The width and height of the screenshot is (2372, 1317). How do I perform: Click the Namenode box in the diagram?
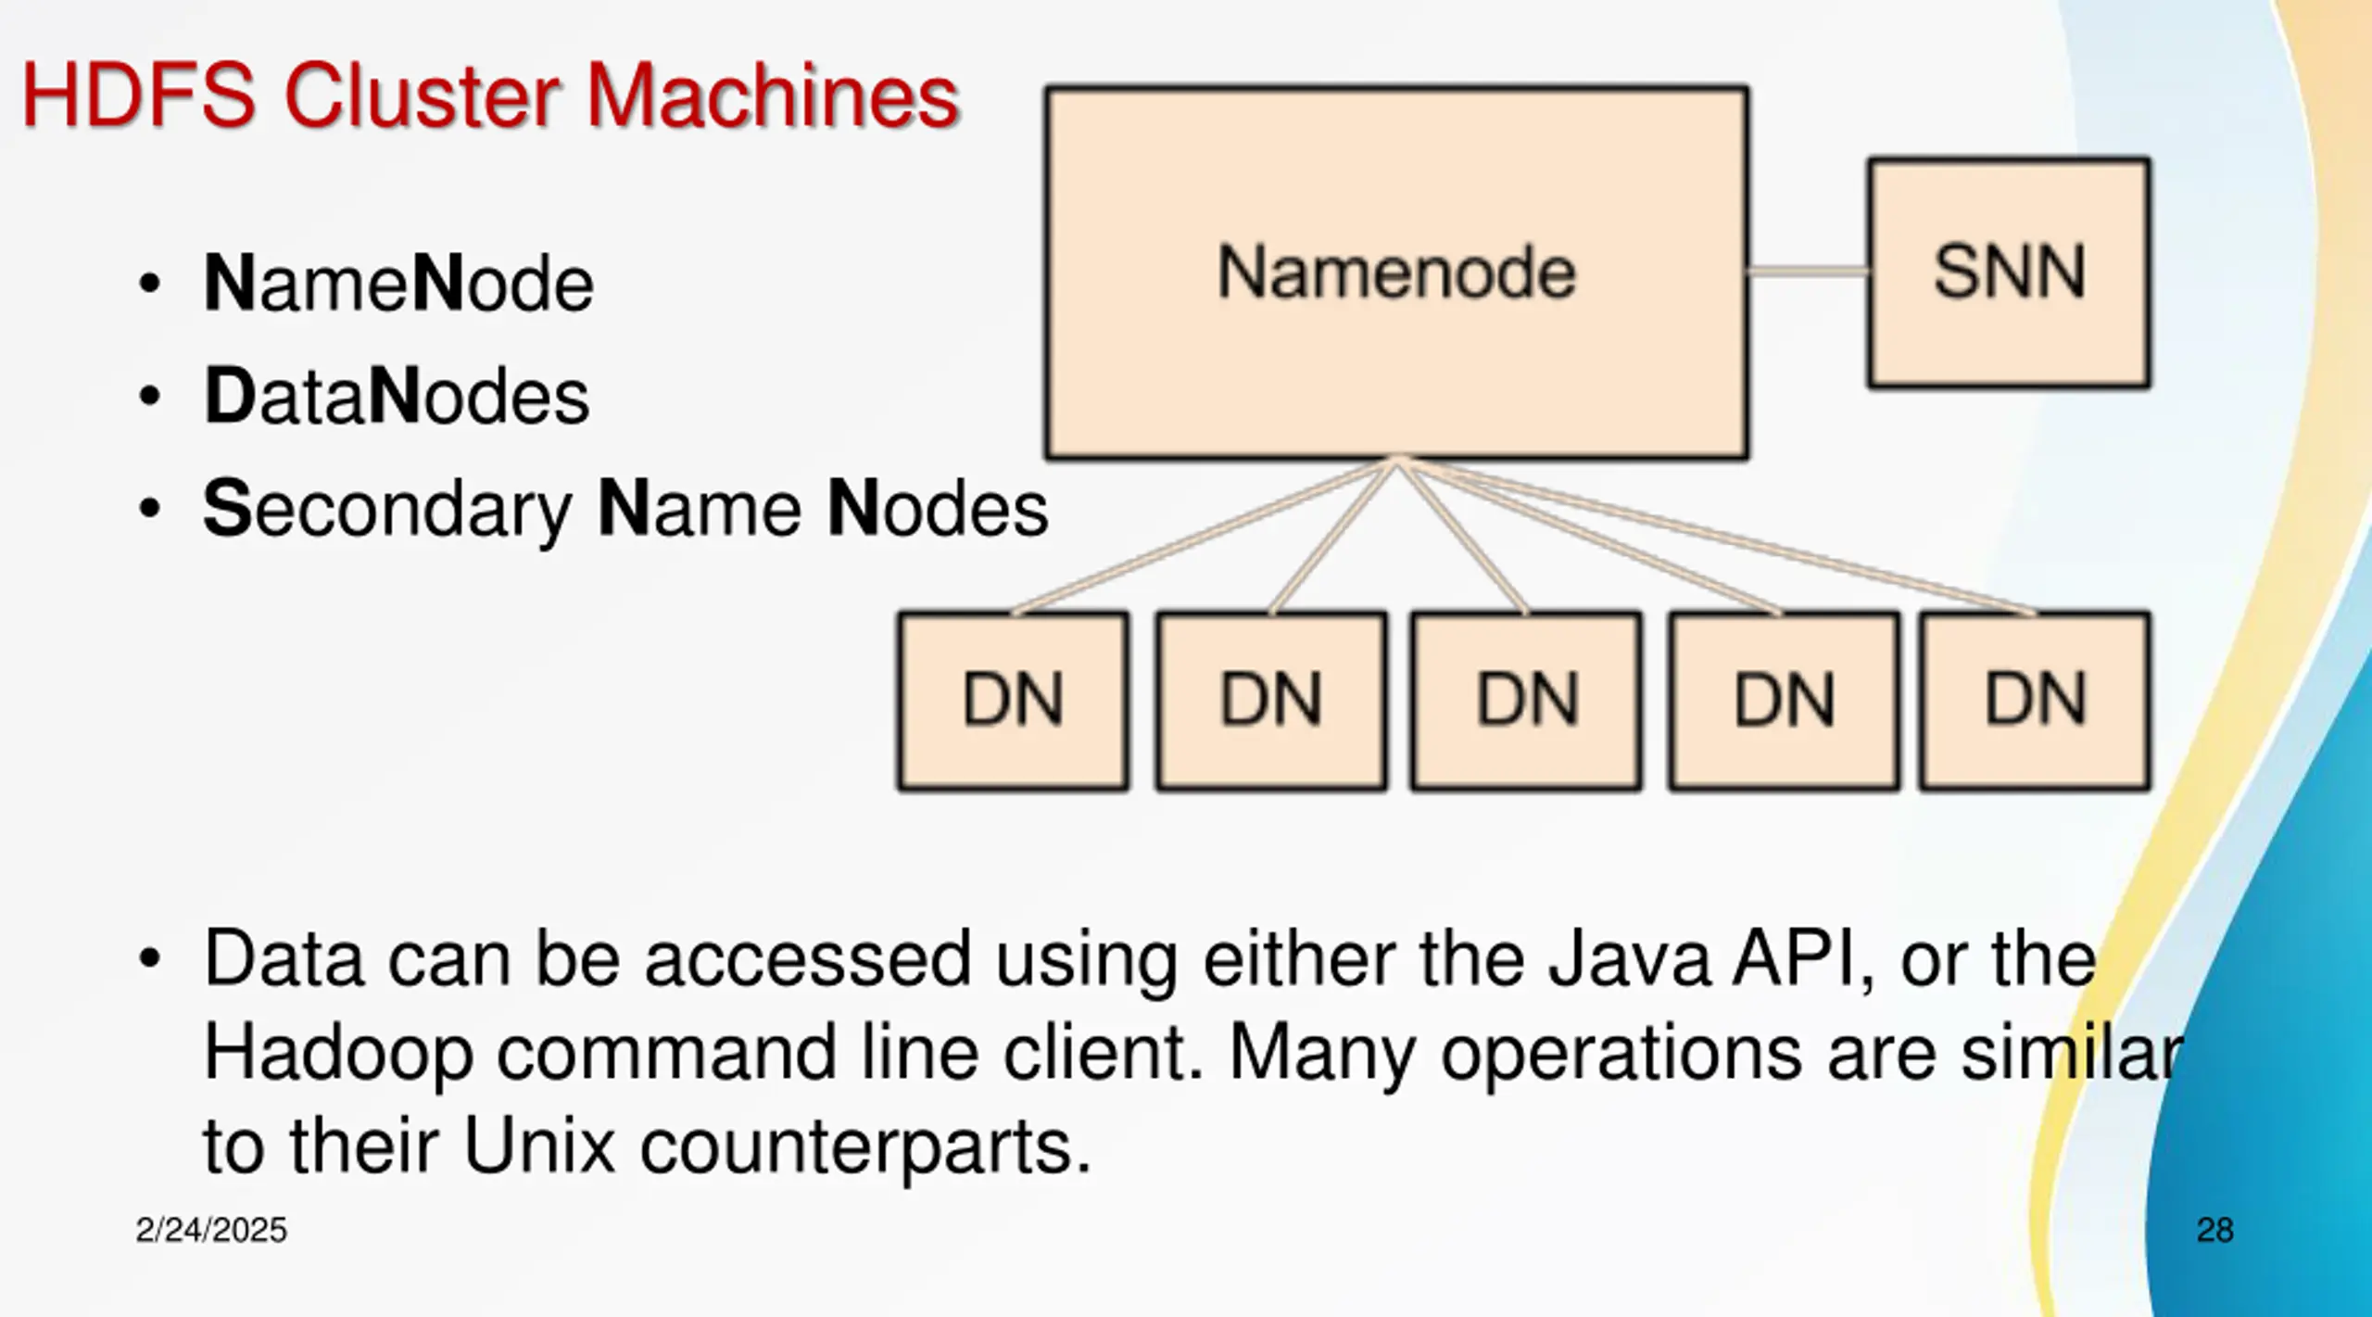1396,272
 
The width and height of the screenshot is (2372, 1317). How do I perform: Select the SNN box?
2009,272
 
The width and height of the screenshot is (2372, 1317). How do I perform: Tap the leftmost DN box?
1013,701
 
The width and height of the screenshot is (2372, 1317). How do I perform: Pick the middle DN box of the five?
1526,701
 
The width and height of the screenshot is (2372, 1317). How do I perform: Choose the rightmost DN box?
2035,701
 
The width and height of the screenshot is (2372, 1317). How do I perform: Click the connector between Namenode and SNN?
1808,272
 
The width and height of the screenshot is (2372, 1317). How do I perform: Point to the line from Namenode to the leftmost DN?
1205,536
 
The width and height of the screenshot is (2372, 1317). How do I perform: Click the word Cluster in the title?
421,95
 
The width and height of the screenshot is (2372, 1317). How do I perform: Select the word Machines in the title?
774,95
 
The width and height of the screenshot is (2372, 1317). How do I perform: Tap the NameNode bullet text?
398,283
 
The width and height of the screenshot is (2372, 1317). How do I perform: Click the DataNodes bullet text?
397,396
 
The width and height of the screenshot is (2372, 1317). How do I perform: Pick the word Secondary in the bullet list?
387,510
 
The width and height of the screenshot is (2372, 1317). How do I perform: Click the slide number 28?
2214,1230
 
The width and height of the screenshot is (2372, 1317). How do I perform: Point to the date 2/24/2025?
211,1230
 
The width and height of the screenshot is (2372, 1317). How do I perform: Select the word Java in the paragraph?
1629,958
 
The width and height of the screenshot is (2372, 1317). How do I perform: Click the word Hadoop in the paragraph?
338,1055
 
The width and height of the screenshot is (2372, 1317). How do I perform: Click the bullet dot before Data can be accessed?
149,959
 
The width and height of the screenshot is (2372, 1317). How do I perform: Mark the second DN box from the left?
1271,701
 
